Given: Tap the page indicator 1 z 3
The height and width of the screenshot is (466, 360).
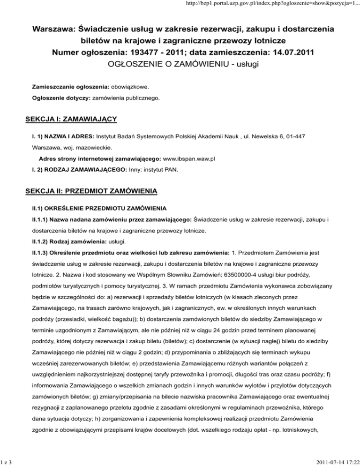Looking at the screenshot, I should tap(7, 461).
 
